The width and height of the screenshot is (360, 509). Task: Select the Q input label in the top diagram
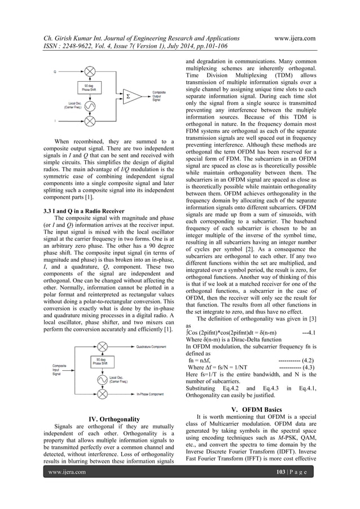pos(55,72)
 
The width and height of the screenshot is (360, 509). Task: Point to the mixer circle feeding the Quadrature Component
pos(103,348)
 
